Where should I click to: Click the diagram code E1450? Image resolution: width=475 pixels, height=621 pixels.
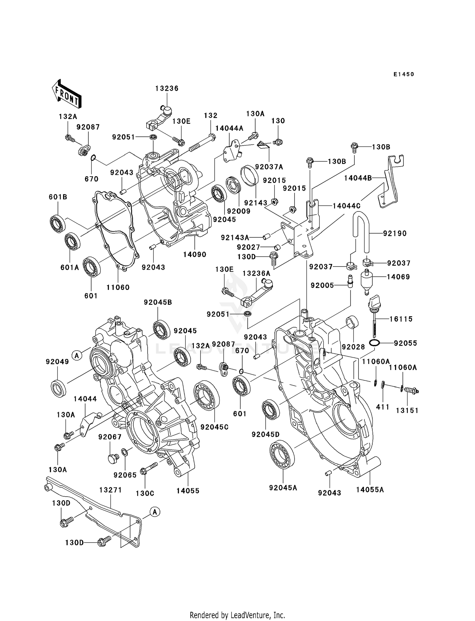click(403, 74)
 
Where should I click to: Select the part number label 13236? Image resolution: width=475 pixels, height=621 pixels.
click(167, 89)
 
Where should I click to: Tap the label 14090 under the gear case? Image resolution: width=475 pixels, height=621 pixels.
click(194, 254)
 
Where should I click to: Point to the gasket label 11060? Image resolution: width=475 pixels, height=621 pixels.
click(118, 287)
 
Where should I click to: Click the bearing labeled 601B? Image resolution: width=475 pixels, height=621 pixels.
click(58, 223)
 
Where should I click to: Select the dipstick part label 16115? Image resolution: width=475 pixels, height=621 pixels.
click(401, 319)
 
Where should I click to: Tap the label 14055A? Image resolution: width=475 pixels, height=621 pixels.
click(370, 490)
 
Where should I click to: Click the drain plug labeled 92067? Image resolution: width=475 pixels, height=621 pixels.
click(113, 458)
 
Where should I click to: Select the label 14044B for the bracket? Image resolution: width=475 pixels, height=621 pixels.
click(358, 178)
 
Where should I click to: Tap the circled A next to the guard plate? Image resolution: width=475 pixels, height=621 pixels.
click(155, 512)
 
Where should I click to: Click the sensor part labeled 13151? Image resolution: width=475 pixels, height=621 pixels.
click(411, 391)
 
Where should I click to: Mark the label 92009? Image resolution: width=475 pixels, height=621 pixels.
click(239, 211)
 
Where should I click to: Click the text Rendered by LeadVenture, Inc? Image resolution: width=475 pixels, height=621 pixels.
click(237, 615)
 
